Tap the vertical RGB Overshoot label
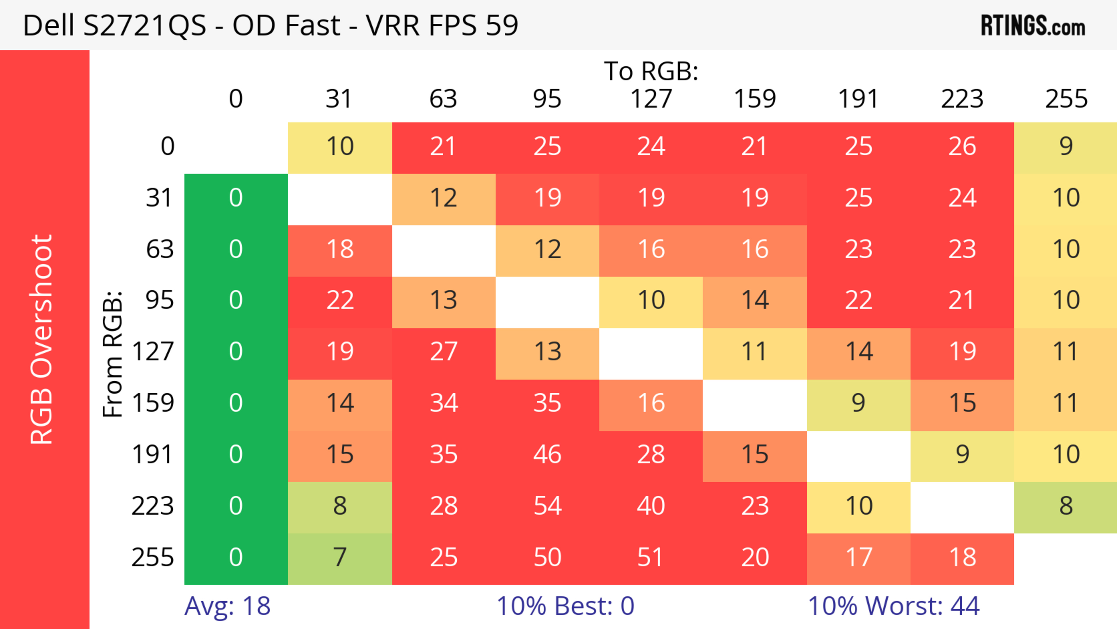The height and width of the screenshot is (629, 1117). point(42,339)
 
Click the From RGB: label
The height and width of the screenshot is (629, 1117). point(113,354)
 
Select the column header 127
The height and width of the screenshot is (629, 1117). point(651,99)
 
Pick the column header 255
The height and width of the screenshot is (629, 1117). point(1066,99)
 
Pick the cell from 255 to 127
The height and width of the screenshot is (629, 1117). point(651,557)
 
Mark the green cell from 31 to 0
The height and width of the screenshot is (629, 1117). point(236,198)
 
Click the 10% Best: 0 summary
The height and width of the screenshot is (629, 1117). point(565,606)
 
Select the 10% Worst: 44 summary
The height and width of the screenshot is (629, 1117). point(893,606)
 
